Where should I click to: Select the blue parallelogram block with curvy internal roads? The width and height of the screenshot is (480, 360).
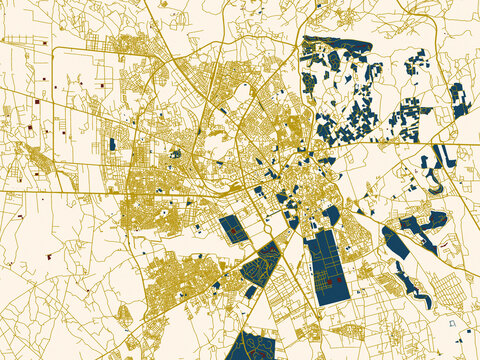point(260,264)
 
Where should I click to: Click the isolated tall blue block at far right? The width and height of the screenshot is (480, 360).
point(460,101)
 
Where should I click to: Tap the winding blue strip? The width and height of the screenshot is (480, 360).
point(405,266)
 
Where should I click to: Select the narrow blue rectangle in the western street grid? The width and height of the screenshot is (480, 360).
point(112,145)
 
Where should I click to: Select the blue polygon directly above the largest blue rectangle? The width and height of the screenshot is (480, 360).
point(330,215)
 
